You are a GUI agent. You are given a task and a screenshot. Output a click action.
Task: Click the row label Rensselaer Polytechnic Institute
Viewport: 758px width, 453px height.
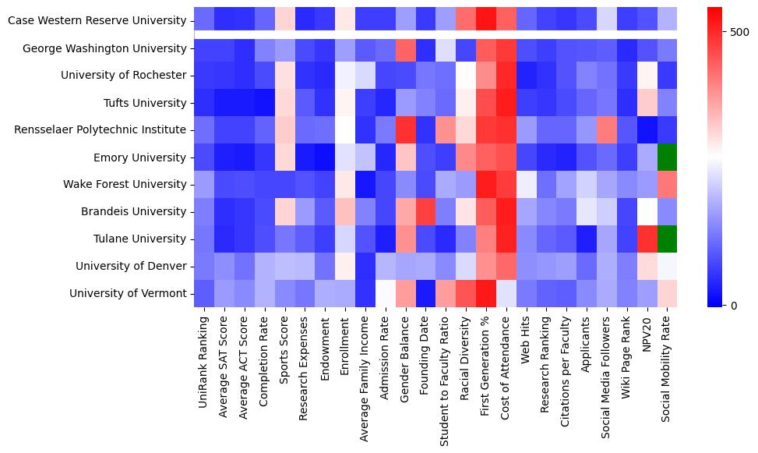tap(100, 130)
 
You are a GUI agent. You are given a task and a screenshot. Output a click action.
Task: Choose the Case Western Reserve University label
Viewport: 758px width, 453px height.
tap(97, 21)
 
